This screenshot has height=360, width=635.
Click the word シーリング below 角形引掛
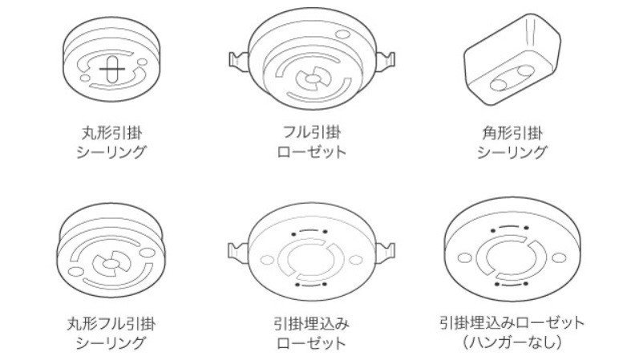point(513,151)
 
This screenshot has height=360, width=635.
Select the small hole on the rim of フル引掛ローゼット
point(342,34)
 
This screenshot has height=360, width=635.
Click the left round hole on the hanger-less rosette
point(465,257)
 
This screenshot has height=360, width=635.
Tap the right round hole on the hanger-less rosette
point(555,258)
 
